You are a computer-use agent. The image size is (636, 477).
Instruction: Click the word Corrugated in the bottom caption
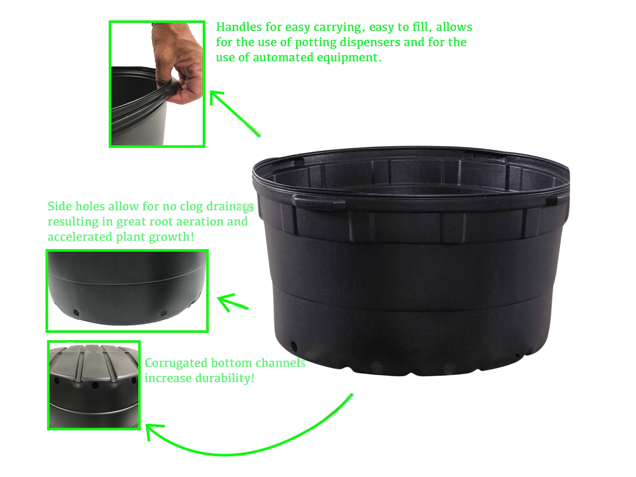coord(176,363)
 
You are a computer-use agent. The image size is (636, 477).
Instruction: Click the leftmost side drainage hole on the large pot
coord(293,346)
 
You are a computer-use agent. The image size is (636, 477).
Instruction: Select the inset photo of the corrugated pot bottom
coord(94,385)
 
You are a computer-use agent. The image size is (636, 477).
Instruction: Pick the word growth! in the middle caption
coord(171,237)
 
